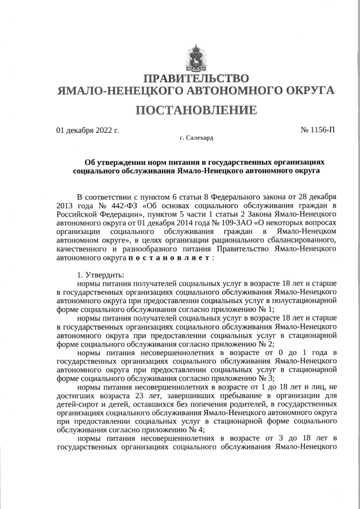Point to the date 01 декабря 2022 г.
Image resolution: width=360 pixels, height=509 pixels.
coord(88,130)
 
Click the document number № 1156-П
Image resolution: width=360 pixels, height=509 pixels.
coord(318,130)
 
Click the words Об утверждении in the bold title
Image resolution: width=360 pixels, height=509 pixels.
coord(112,161)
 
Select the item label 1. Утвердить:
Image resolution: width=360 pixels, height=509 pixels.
coord(101,275)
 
